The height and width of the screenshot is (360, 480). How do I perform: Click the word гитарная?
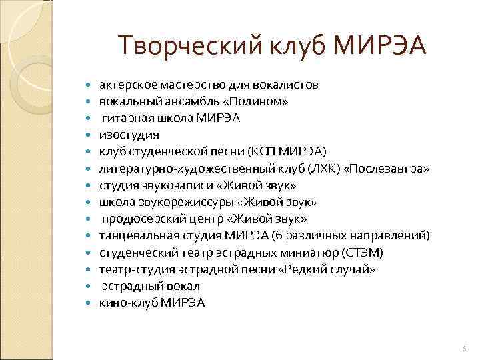click(125, 118)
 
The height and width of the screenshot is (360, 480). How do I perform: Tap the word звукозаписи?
click(171, 185)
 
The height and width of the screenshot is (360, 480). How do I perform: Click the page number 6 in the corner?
click(464, 349)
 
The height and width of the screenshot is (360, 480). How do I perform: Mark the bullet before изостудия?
click(90, 135)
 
